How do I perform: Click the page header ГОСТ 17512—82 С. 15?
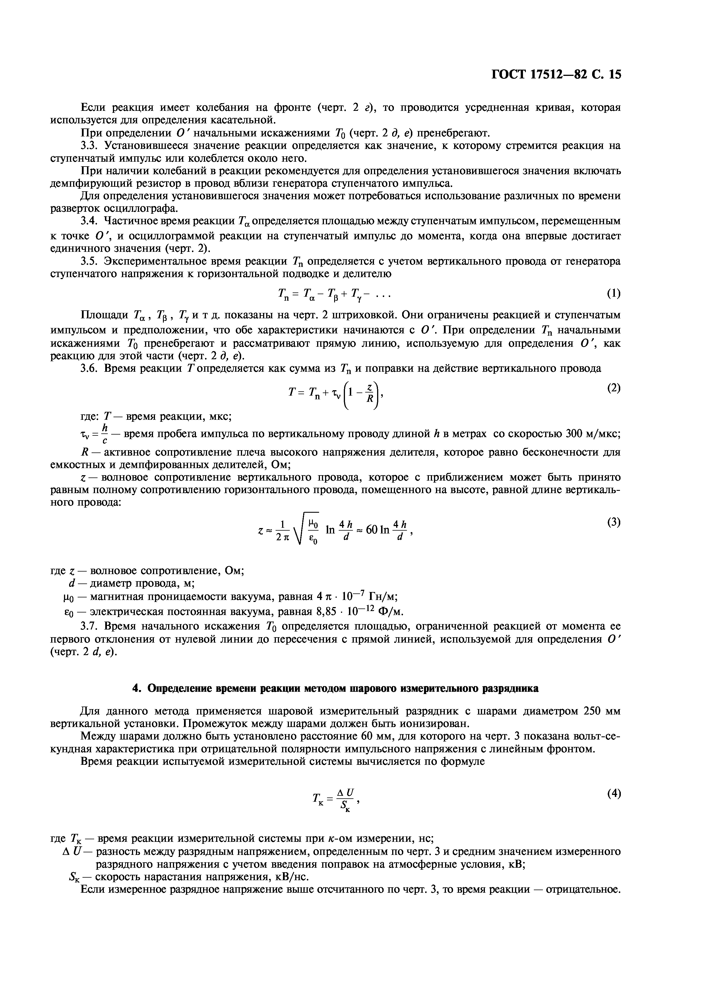[556, 75]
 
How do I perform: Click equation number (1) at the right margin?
[613, 294]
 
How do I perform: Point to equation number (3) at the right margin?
[613, 522]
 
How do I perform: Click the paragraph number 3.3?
[88, 146]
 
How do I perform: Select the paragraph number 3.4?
[88, 221]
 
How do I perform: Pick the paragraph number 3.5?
[88, 261]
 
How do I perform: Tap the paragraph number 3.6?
[88, 369]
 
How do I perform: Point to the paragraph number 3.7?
[88, 626]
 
